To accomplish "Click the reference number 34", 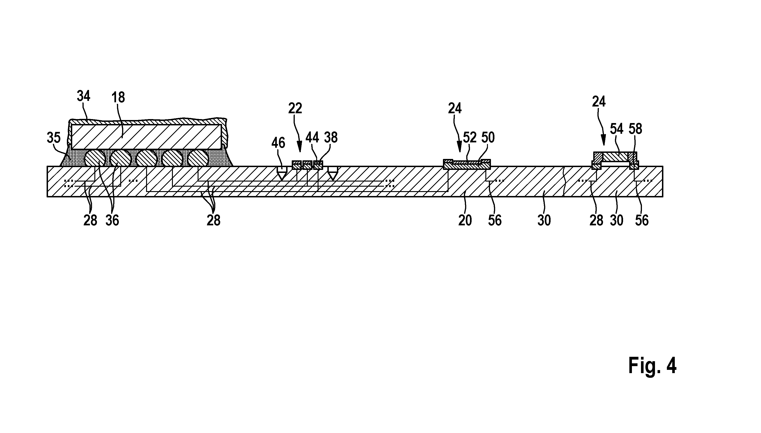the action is click(x=83, y=96).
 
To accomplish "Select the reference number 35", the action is click(x=54, y=137).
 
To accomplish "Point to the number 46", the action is click(x=278, y=143).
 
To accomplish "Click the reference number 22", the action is click(x=295, y=108).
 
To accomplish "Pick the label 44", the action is click(x=312, y=137).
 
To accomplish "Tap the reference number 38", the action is click(x=331, y=137).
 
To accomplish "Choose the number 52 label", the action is click(x=470, y=137).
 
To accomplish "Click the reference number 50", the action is click(x=488, y=137).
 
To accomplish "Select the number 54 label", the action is click(x=617, y=129).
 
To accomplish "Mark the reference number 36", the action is click(x=112, y=220).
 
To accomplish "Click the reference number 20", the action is click(x=465, y=220).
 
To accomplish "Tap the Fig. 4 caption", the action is click(x=652, y=366).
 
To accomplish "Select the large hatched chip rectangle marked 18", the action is click(x=146, y=137).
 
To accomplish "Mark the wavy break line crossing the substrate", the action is click(x=564, y=181).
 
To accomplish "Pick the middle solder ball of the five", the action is click(x=147, y=158).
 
